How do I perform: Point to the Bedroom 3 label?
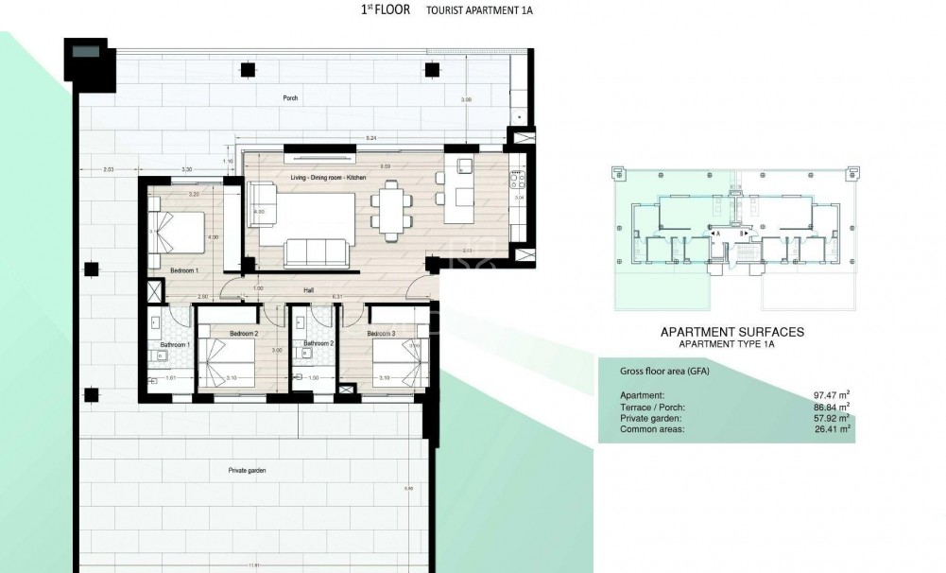381,335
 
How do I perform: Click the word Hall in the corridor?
308,290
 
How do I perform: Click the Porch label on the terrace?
291,98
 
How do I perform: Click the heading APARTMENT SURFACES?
731,332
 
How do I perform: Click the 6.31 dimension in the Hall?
337,297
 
